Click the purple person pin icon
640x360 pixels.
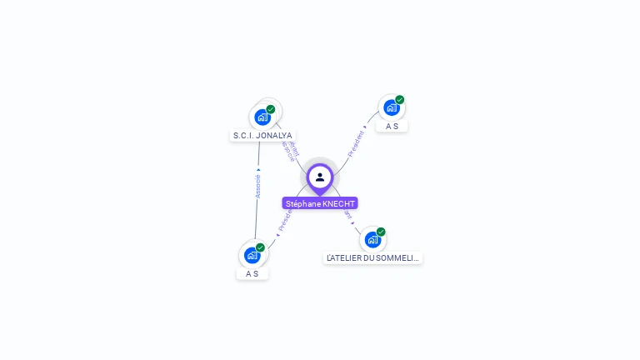(x=320, y=177)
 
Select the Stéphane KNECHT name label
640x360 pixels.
(x=320, y=203)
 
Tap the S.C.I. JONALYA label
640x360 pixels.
(x=262, y=135)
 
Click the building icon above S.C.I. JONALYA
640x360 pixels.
(x=262, y=117)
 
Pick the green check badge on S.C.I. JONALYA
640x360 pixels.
(x=271, y=109)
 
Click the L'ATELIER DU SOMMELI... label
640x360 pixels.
(x=372, y=258)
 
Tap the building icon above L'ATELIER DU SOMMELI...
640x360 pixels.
(x=372, y=240)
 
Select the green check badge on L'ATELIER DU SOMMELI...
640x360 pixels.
(x=381, y=232)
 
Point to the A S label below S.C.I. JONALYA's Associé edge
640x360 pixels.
(x=252, y=273)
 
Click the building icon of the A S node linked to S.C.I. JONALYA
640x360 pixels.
(x=252, y=256)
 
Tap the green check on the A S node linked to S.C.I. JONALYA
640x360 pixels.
(x=260, y=247)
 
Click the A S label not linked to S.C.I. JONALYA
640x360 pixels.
(x=392, y=126)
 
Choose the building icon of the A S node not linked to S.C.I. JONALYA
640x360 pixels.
(x=391, y=108)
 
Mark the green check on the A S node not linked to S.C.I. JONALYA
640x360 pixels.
(x=399, y=100)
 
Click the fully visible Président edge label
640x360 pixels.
(x=356, y=143)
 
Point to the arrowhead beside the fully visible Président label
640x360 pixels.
(x=365, y=127)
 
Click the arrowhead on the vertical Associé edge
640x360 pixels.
(x=258, y=169)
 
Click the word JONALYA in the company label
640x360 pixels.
(x=274, y=135)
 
